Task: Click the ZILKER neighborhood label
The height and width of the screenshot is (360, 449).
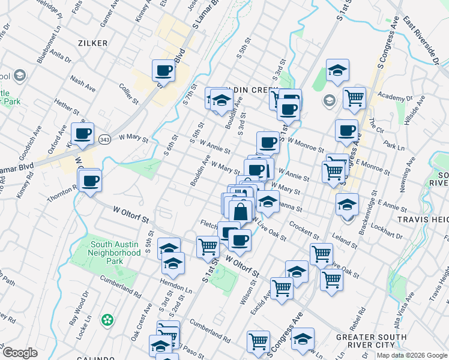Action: point(92,43)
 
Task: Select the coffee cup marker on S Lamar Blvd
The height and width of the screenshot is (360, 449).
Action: point(163,71)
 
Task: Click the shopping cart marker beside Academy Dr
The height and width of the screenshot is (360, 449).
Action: point(354,97)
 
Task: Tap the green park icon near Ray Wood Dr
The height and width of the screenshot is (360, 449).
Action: point(107,319)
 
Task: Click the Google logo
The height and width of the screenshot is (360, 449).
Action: point(20,353)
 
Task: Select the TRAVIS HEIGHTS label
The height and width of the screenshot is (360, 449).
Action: point(425,220)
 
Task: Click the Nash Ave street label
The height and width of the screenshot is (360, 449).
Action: point(83,83)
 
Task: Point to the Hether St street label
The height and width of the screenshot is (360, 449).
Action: point(66,107)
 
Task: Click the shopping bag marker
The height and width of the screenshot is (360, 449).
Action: point(240,211)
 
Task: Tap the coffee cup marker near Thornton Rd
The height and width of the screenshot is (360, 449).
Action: point(90,180)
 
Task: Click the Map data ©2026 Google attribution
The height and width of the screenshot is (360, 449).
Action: point(411,355)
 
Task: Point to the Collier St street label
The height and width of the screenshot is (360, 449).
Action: point(129,92)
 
